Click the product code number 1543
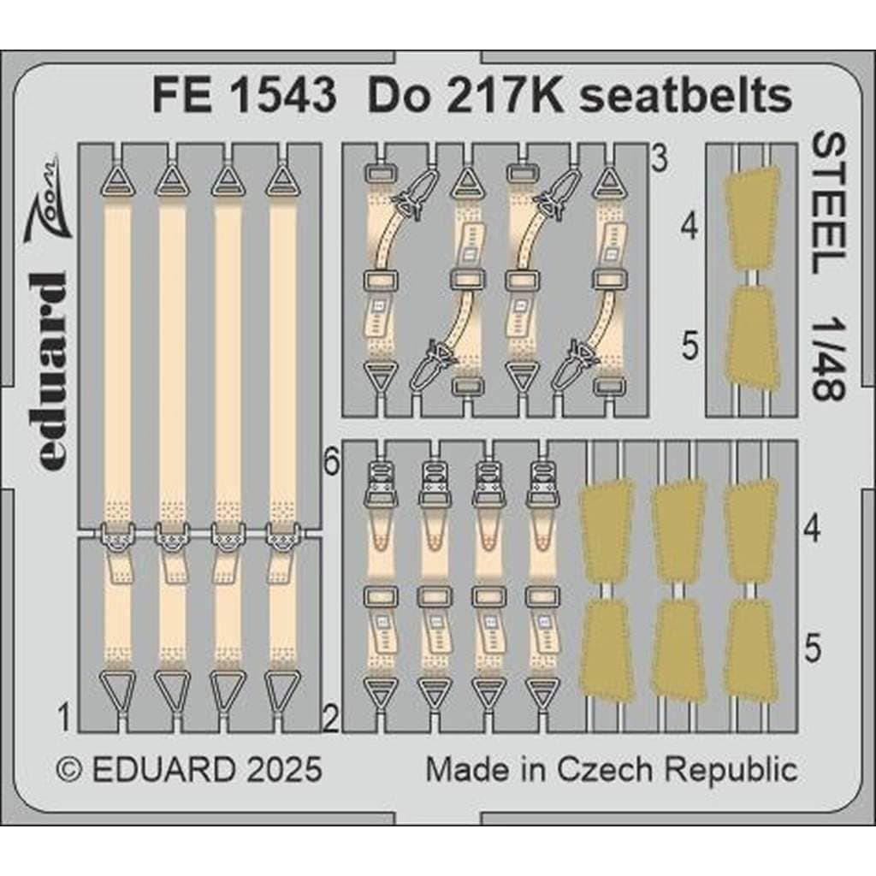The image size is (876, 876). coord(282,96)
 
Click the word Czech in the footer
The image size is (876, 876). coord(604,769)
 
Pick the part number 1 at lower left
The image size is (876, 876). coord(65,718)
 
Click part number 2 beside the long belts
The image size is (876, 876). coord(331,719)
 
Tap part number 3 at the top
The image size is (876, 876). coord(660,158)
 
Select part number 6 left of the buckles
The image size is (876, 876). coord(332,463)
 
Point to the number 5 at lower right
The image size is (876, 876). coord(814,648)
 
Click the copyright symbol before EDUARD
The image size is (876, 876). coord(70,769)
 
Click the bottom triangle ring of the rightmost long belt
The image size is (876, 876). coord(282,690)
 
